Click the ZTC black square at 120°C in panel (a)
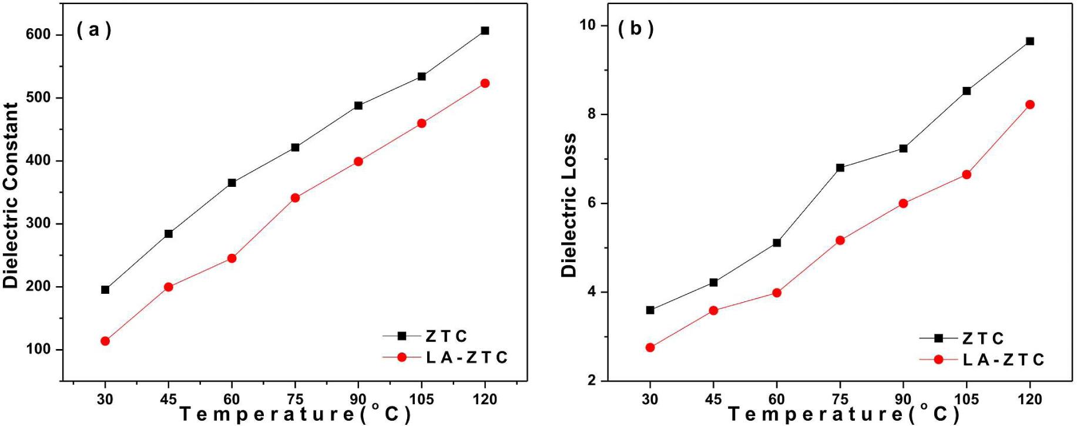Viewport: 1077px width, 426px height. click(485, 31)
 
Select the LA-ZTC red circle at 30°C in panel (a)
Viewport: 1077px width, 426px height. click(105, 341)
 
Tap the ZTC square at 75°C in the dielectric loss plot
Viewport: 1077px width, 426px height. click(840, 167)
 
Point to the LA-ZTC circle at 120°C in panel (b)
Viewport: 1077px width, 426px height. click(1029, 105)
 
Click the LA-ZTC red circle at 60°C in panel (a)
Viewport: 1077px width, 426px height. click(231, 258)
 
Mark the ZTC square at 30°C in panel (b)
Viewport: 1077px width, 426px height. click(650, 310)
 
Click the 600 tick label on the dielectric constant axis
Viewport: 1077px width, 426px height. click(38, 35)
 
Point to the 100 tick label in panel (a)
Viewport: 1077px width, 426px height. click(38, 350)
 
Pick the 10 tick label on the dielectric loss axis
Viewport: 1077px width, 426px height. click(587, 25)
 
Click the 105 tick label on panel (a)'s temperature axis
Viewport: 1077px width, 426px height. click(421, 400)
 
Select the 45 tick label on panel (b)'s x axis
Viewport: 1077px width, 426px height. click(713, 400)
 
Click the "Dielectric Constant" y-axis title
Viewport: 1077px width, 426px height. click(11, 195)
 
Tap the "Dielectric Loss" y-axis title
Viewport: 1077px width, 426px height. click(569, 204)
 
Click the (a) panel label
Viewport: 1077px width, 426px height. click(94, 29)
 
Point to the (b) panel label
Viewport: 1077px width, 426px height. click(636, 28)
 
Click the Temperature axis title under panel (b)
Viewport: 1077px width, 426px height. click(844, 414)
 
